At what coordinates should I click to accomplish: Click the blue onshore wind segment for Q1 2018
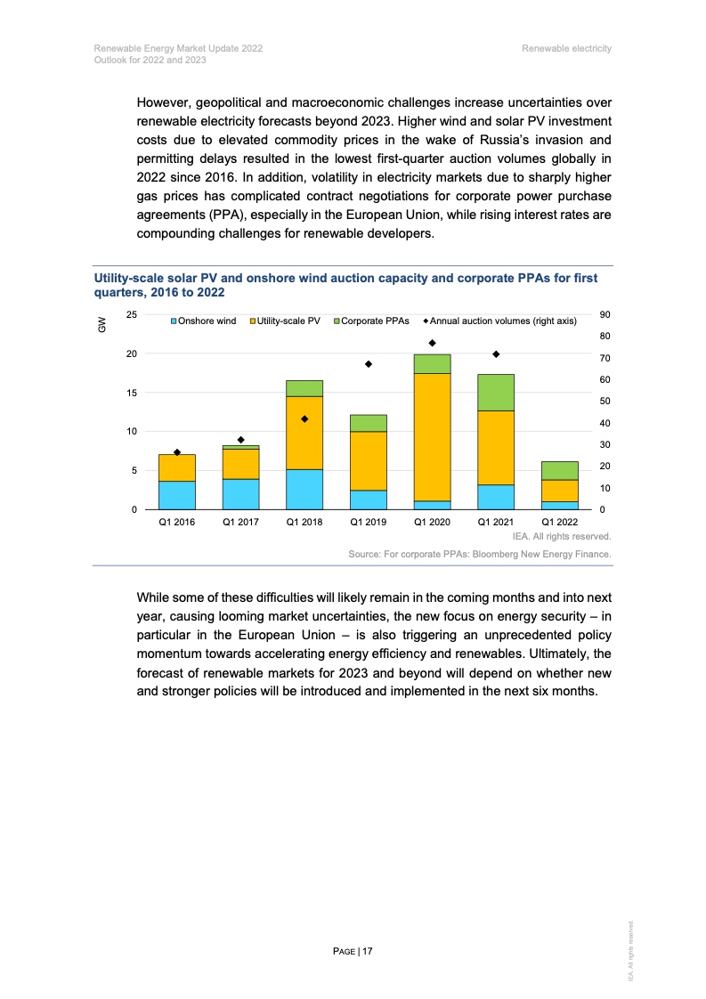pyautogui.click(x=304, y=489)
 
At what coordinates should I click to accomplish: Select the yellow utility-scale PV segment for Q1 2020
pyautogui.click(x=432, y=436)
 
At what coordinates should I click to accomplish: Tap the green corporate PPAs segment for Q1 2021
pyautogui.click(x=496, y=392)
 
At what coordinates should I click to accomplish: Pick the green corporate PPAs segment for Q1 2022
pyautogui.click(x=559, y=470)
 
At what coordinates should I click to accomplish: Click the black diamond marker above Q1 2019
pyautogui.click(x=368, y=364)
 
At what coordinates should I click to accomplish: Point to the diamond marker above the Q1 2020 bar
pyautogui.click(x=432, y=343)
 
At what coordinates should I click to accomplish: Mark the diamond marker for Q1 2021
pyautogui.click(x=496, y=354)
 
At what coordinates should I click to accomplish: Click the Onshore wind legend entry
pyautogui.click(x=206, y=321)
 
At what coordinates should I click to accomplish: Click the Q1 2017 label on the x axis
pyautogui.click(x=240, y=523)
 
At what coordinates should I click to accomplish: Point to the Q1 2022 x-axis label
pyautogui.click(x=559, y=523)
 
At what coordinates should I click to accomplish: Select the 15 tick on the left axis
pyautogui.click(x=130, y=393)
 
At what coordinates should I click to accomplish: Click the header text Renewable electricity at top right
pyautogui.click(x=567, y=48)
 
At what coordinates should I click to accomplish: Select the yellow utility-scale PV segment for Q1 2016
pyautogui.click(x=176, y=467)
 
